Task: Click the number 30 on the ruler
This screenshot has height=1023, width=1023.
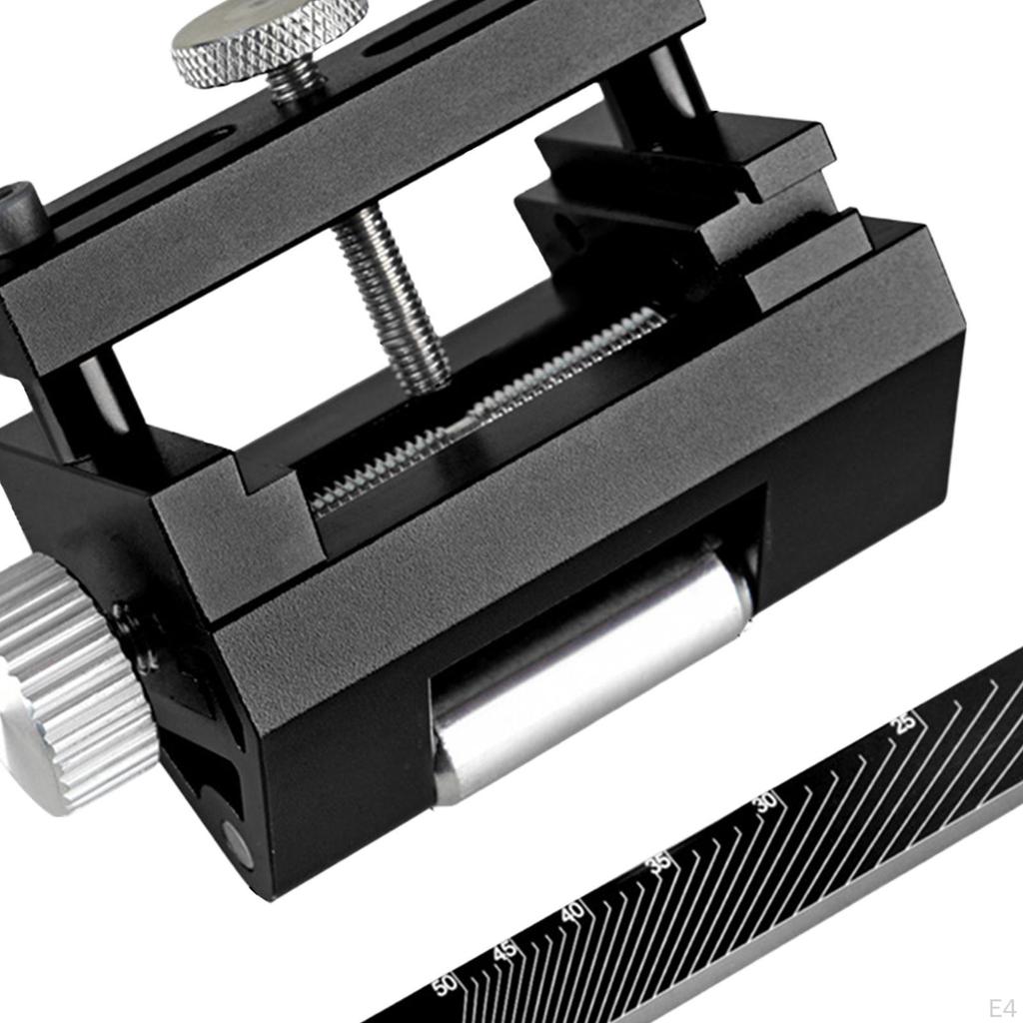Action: pos(766,801)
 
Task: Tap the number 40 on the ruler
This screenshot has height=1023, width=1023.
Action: pos(572,911)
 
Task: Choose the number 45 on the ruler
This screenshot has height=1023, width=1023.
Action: pos(504,951)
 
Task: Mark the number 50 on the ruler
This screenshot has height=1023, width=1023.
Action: pos(446,984)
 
